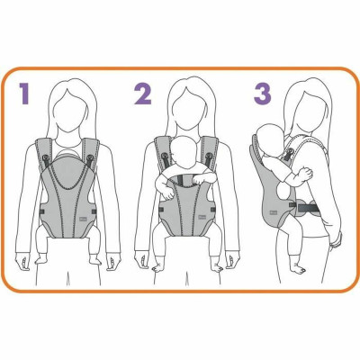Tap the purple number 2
pyautogui.click(x=142, y=93)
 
